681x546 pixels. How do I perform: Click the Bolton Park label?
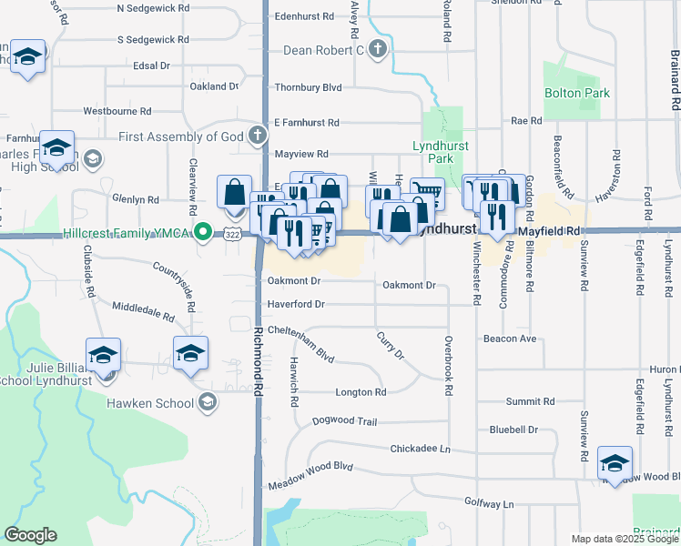click(x=576, y=93)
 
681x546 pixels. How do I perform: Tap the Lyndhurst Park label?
click(x=432, y=152)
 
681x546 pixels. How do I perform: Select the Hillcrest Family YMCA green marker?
click(x=204, y=233)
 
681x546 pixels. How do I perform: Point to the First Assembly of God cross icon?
click(x=258, y=136)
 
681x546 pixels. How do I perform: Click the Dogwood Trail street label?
click(x=344, y=421)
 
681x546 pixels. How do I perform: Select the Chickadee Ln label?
click(x=420, y=449)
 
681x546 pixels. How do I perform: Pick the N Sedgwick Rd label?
click(x=154, y=7)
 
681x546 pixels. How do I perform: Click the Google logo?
click(x=30, y=535)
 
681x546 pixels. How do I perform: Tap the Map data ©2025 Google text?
click(x=625, y=539)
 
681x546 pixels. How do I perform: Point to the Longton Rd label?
click(x=361, y=392)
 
